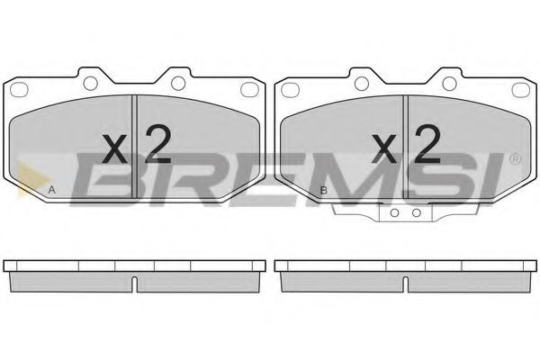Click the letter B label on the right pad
coord(323,191)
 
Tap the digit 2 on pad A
coord(157,143)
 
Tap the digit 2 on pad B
coord(427,143)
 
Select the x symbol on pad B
coord(384,148)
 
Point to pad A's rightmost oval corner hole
coord(249,88)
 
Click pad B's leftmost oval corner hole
coord(290,88)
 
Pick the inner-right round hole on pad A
coord(178,84)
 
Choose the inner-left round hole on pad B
coord(361,84)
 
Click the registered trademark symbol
coord(515,160)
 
